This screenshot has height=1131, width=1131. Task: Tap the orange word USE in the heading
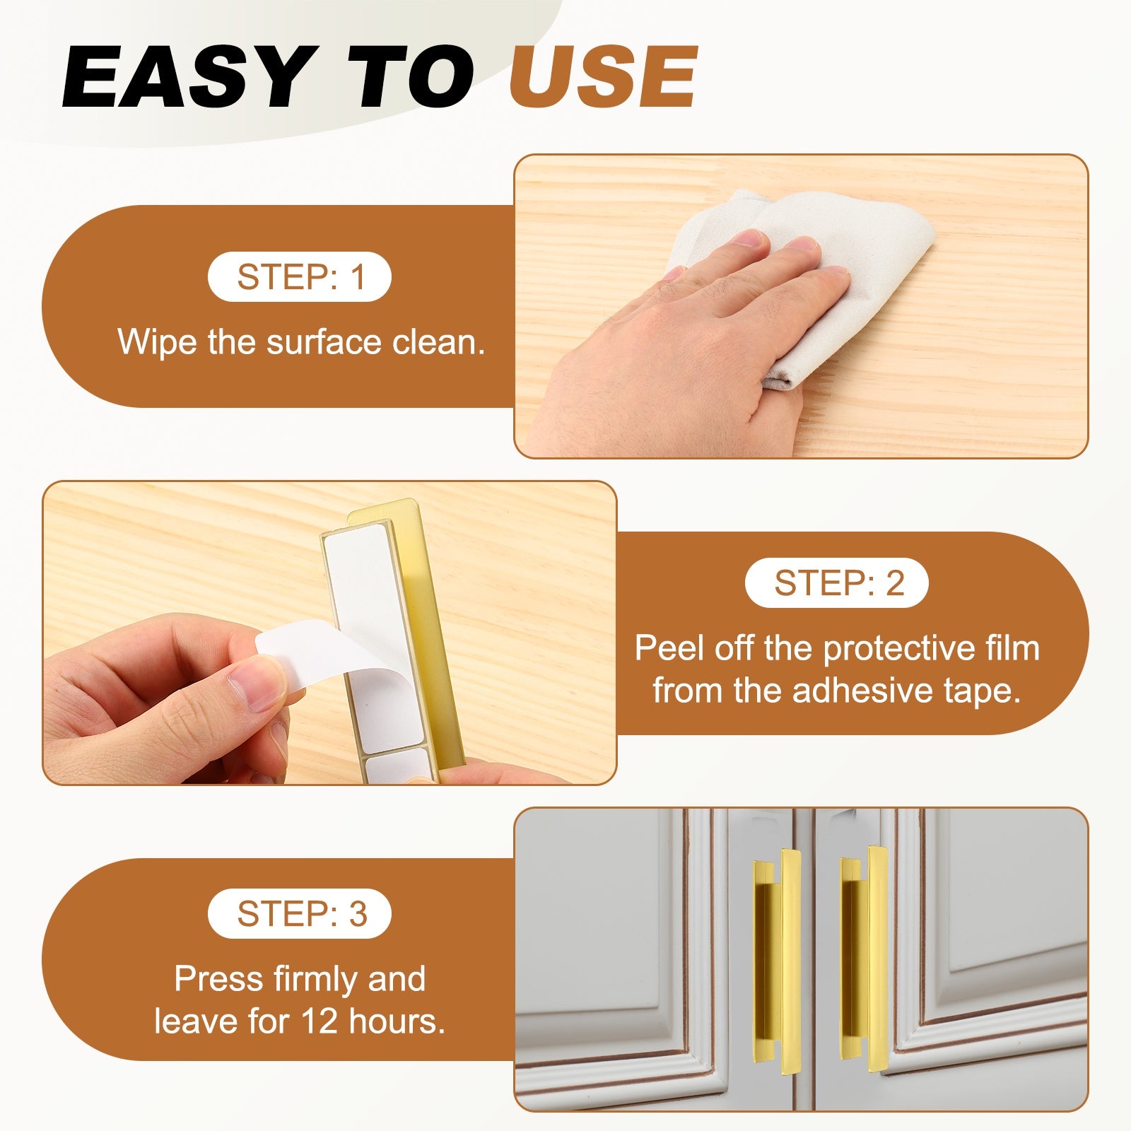604,76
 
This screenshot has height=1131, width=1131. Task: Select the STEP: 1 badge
300,276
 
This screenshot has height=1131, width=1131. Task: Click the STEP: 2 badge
837,583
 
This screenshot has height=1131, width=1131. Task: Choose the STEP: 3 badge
300,913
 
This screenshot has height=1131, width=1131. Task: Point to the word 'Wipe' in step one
157,342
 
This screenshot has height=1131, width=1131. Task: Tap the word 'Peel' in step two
670,647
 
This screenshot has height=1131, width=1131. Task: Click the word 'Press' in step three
219,979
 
